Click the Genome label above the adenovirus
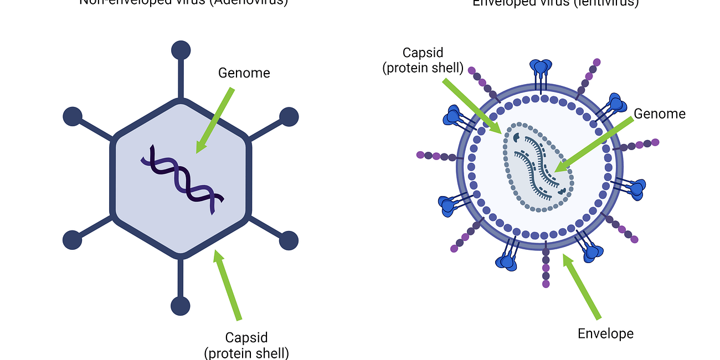pos(244,73)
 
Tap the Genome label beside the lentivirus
pos(660,114)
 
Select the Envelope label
pos(605,333)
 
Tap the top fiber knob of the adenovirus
pos(181,50)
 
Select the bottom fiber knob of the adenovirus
pos(181,306)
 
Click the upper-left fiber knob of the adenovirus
pos(73,117)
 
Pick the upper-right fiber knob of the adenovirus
pos(289,117)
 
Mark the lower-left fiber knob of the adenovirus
pos(73,240)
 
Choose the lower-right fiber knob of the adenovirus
pos(289,240)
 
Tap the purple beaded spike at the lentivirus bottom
pos(546,269)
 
